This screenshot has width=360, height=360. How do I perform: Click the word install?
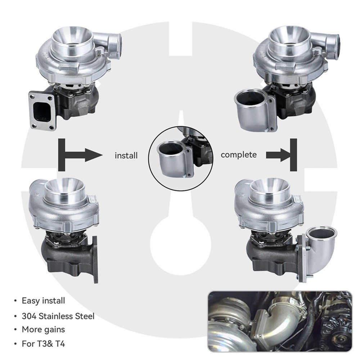[x=126, y=156]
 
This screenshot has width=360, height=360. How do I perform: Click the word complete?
[x=239, y=155]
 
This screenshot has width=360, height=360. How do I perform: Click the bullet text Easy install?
[x=44, y=300]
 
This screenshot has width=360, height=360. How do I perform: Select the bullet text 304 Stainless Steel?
[x=58, y=316]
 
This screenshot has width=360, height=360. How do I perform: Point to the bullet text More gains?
[x=44, y=329]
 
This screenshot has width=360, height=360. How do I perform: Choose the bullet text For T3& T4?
[x=44, y=343]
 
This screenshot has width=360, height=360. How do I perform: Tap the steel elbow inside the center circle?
[x=171, y=158]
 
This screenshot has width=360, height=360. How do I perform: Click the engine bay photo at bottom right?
[x=280, y=321]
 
